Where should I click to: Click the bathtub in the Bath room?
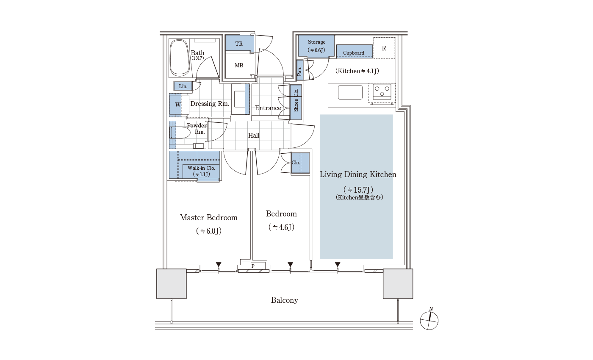pyautogui.click(x=180, y=58)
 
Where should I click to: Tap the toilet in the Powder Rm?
pyautogui.click(x=180, y=133)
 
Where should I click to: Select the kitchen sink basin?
pyautogui.click(x=350, y=92)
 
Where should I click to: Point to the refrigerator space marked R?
pyautogui.click(x=384, y=48)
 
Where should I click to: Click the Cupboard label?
pyautogui.click(x=353, y=53)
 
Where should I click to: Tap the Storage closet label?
pyautogui.click(x=317, y=42)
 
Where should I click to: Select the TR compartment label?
pyautogui.click(x=239, y=44)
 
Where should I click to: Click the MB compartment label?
pyautogui.click(x=239, y=65)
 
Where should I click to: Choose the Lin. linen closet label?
pyautogui.click(x=183, y=86)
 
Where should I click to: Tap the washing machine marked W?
pyautogui.click(x=178, y=105)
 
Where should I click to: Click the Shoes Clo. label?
pyautogui.click(x=296, y=100)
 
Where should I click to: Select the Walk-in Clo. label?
pyautogui.click(x=201, y=168)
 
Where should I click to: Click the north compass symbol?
pyautogui.click(x=429, y=321)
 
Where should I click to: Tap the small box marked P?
pyautogui.click(x=253, y=266)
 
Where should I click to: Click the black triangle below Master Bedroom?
pyautogui.click(x=219, y=264)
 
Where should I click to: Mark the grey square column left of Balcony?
pyautogui.click(x=172, y=284)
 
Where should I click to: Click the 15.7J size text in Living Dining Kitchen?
pyautogui.click(x=358, y=190)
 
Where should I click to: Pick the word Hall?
pyautogui.click(x=254, y=136)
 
